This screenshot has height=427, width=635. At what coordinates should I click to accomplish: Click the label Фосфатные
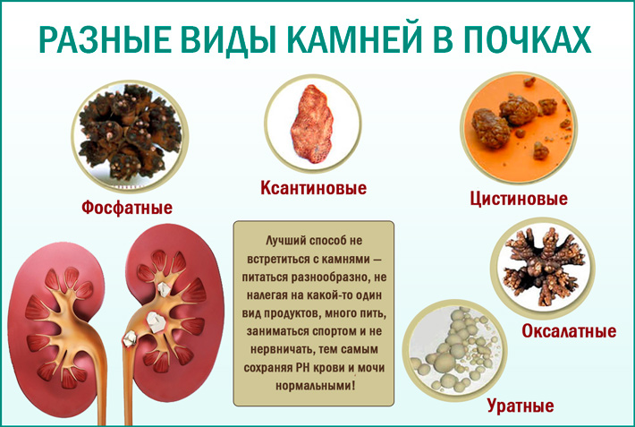(126, 208)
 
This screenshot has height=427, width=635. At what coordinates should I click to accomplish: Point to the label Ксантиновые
(313, 189)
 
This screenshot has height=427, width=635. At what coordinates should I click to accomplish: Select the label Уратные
(521, 406)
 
